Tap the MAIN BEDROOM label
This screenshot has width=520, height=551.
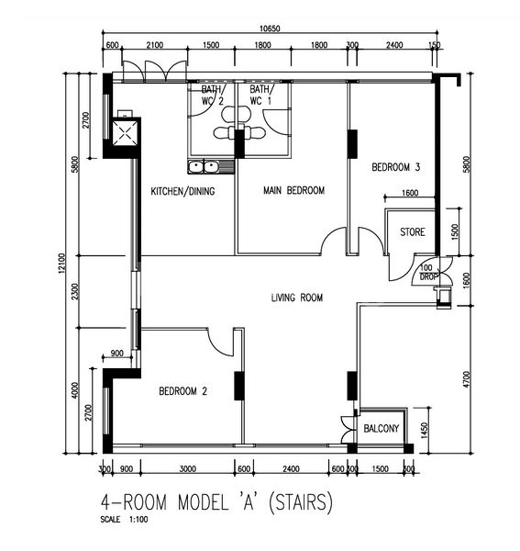pyautogui.click(x=293, y=191)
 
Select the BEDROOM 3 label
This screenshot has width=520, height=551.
pyautogui.click(x=395, y=167)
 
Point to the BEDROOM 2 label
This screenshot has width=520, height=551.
pyautogui.click(x=183, y=391)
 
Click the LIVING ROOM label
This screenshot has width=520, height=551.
pyautogui.click(x=298, y=297)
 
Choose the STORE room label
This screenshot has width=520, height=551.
pyautogui.click(x=412, y=232)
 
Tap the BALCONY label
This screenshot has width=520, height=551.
pyautogui.click(x=382, y=428)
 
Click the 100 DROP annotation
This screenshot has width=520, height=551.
pyautogui.click(x=428, y=273)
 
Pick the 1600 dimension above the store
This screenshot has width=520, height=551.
pyautogui.click(x=409, y=193)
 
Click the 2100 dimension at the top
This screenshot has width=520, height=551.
pyautogui.click(x=154, y=45)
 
